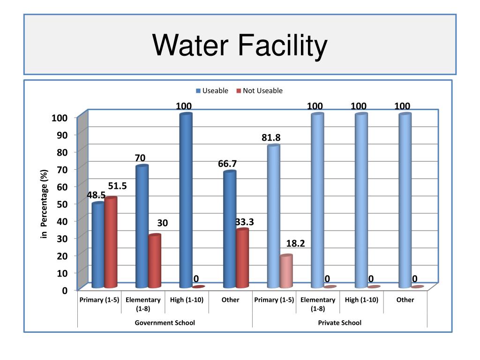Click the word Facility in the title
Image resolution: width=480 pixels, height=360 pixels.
[279, 46]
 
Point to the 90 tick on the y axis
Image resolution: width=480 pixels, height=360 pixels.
[63, 135]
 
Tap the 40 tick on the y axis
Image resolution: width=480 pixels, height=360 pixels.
[63, 221]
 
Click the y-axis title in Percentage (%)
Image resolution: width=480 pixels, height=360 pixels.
[45, 204]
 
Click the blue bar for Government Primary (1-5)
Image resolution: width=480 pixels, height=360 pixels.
[98, 246]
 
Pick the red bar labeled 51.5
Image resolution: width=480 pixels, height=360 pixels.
[111, 243]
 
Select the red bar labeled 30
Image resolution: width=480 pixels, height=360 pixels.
[154, 261]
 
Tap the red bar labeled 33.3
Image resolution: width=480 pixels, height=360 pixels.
[242, 258]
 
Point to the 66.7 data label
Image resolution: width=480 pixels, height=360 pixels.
[227, 164]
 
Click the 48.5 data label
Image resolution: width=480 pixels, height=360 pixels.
[96, 195]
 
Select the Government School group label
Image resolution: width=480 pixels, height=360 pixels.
[165, 322]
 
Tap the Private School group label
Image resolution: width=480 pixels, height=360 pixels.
[340, 322]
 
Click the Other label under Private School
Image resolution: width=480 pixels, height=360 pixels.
[405, 300]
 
